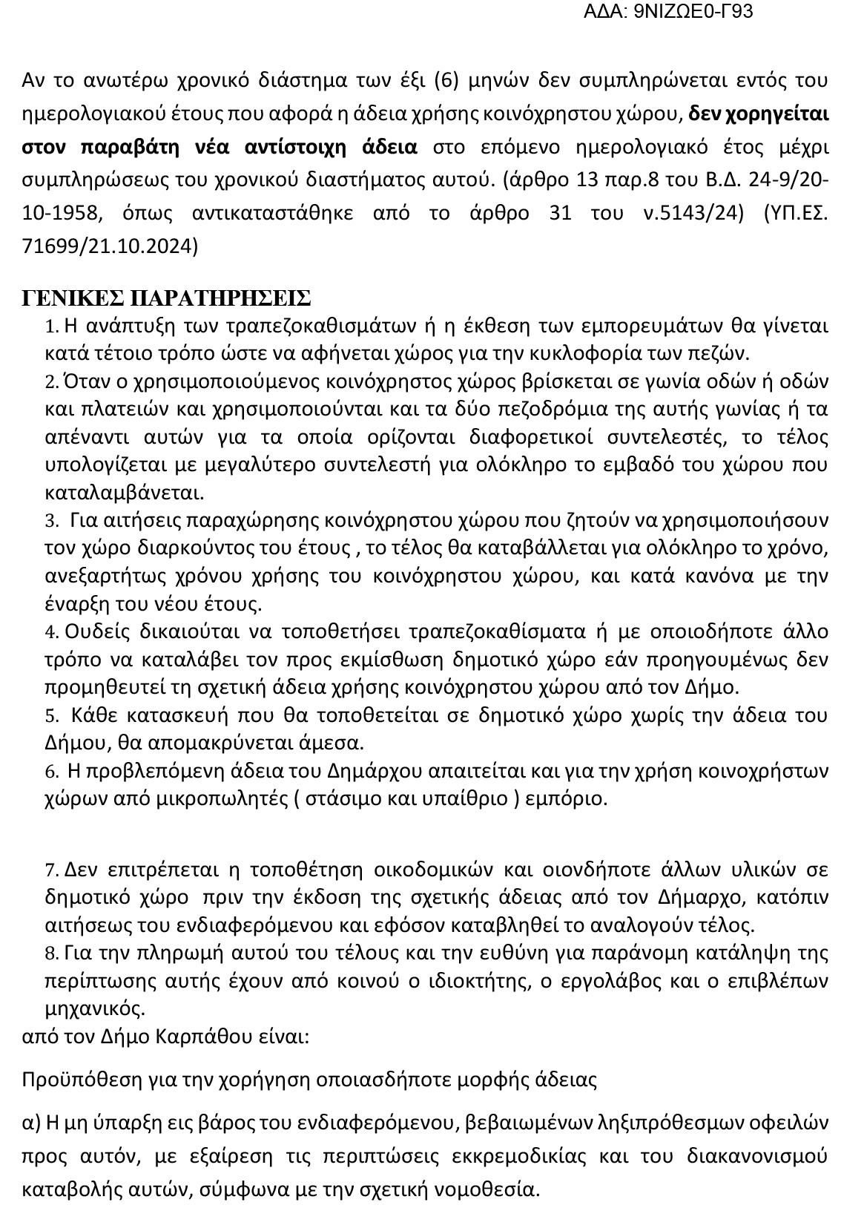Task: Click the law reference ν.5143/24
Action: (693, 213)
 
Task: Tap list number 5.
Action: (50, 716)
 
